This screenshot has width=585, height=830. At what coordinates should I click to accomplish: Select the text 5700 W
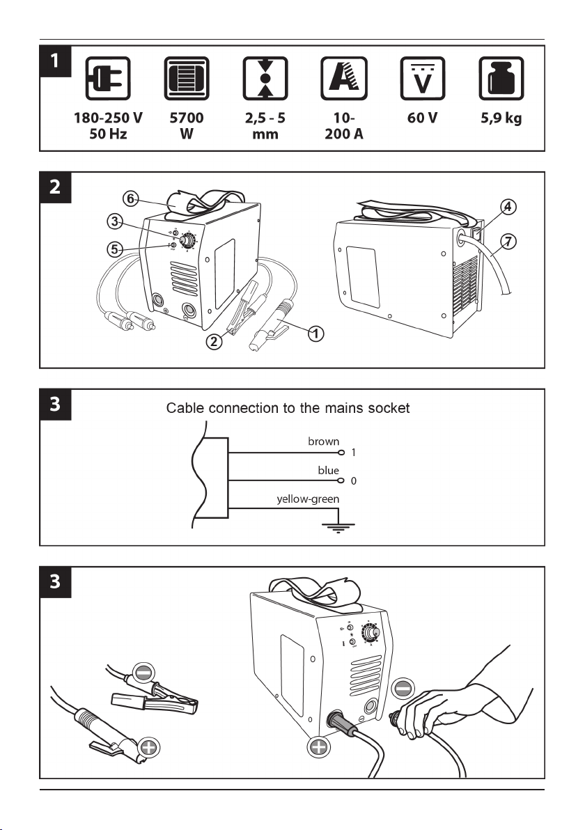point(186,126)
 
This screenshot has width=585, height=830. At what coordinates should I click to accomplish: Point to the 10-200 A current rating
point(344,126)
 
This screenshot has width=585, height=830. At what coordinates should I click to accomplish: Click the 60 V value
point(423,118)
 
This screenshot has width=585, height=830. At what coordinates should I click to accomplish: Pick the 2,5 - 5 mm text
point(265,126)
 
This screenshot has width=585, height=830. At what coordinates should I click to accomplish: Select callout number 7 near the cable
point(509,242)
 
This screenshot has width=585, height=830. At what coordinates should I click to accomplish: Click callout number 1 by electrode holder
point(315,334)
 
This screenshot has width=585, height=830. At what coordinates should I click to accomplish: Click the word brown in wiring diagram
point(324,441)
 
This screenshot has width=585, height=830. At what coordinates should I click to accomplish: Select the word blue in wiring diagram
point(328,471)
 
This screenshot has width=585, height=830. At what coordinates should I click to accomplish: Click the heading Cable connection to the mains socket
point(288,408)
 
